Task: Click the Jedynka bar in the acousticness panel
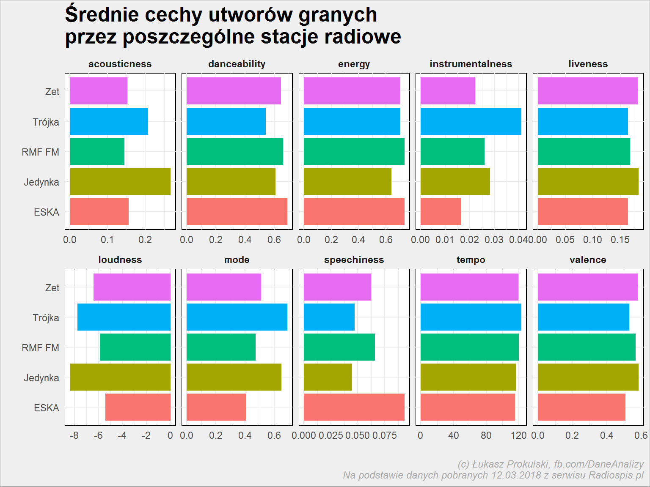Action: [120, 181]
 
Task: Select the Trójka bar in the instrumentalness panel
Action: [471, 121]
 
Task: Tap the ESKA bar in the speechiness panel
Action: [354, 407]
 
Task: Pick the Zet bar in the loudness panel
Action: [132, 287]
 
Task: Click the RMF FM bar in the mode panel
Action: [221, 347]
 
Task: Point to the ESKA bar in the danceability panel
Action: [237, 211]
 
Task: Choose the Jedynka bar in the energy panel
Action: [348, 181]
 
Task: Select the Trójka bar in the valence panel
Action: [584, 317]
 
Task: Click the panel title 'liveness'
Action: [588, 64]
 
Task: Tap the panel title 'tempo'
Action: [471, 260]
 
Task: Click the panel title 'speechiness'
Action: [354, 260]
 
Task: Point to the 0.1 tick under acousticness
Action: [107, 240]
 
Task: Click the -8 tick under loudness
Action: [74, 435]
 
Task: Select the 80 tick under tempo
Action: [486, 435]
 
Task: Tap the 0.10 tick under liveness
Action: [592, 240]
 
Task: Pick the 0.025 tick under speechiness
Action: [331, 435]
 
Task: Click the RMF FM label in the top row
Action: [40, 152]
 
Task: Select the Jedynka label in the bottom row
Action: [41, 378]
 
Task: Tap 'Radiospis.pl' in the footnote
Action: [616, 475]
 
